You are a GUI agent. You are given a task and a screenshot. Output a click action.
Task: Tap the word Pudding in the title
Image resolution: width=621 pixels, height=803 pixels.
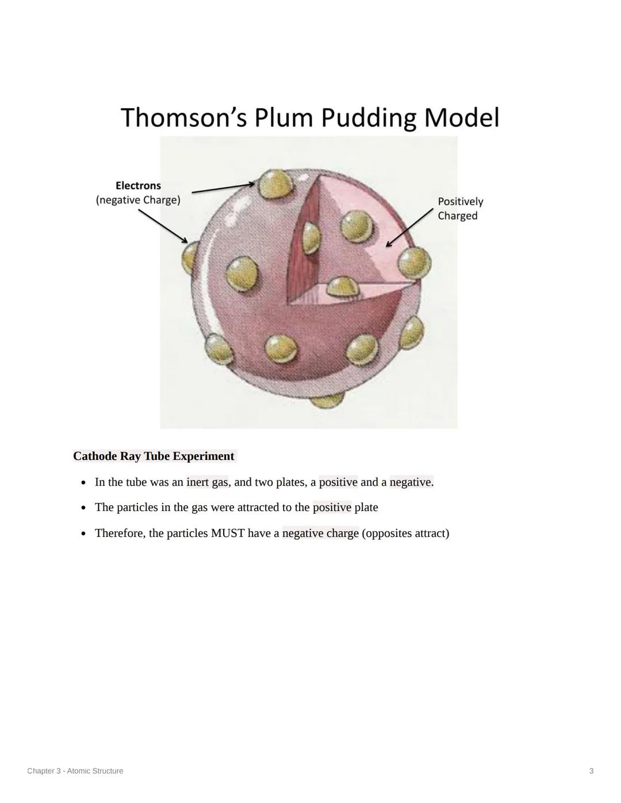pyautogui.click(x=368, y=118)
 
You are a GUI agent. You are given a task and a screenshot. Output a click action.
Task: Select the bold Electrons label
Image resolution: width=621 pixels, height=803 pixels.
pyautogui.click(x=138, y=186)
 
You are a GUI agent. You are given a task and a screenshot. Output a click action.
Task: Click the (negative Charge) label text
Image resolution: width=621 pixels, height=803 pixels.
pyautogui.click(x=138, y=200)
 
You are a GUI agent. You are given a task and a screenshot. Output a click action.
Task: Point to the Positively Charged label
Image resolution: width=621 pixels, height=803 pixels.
pyautogui.click(x=460, y=209)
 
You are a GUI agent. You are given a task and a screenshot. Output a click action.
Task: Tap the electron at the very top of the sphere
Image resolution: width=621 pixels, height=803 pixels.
pyautogui.click(x=275, y=184)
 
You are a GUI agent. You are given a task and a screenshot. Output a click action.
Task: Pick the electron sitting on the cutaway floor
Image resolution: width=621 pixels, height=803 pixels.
pyautogui.click(x=342, y=286)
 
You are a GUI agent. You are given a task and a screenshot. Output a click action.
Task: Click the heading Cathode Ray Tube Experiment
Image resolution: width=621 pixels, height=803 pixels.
pyautogui.click(x=154, y=456)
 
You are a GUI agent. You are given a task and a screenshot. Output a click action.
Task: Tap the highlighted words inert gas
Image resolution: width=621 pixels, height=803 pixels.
pyautogui.click(x=207, y=482)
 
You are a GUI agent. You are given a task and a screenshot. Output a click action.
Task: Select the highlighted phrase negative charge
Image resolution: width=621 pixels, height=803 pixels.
pyautogui.click(x=320, y=533)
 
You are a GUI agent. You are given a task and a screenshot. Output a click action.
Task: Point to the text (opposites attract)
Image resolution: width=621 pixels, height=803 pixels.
pyautogui.click(x=405, y=533)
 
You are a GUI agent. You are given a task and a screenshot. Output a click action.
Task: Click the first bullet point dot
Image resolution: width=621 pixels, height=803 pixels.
pyautogui.click(x=84, y=483)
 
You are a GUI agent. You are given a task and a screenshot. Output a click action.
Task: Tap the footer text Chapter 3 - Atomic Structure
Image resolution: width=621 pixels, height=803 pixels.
pyautogui.click(x=75, y=771)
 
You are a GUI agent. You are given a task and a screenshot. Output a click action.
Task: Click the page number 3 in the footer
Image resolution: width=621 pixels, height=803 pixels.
pyautogui.click(x=591, y=771)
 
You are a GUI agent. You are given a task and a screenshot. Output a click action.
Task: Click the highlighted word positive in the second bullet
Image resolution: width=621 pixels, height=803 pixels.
pyautogui.click(x=332, y=508)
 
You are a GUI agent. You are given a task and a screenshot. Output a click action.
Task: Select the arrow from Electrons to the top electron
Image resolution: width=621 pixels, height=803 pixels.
pyautogui.click(x=223, y=188)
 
